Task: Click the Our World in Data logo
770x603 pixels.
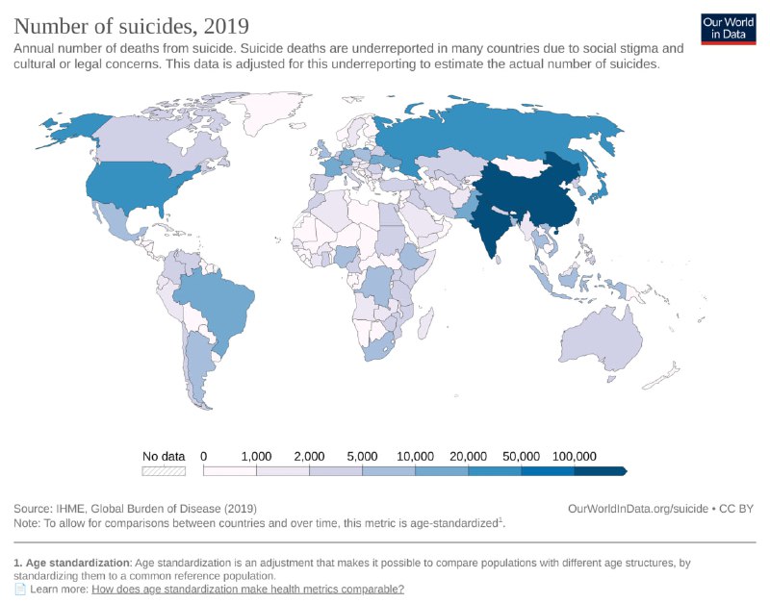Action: coord(728,29)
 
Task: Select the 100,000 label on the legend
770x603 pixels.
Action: coord(575,456)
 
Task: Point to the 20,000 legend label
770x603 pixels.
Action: coord(469,456)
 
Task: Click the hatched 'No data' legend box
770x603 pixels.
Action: coord(164,471)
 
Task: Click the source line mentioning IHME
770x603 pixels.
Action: coord(135,508)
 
